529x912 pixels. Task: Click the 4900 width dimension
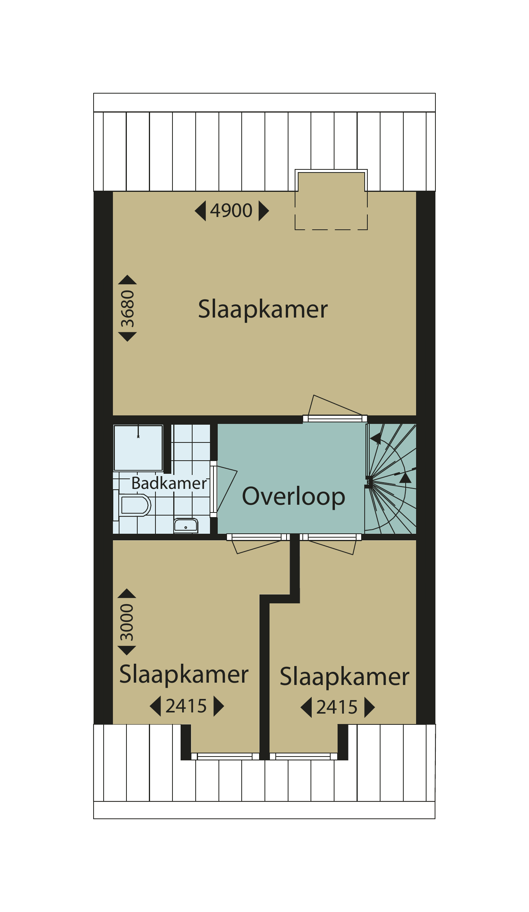pyautogui.click(x=231, y=211)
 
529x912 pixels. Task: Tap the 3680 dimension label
pyautogui.click(x=128, y=309)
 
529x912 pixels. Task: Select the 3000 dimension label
pyautogui.click(x=127, y=622)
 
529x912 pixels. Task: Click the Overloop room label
pyautogui.click(x=294, y=496)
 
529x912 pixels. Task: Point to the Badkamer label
pyautogui.click(x=169, y=483)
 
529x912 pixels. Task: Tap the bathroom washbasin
pyautogui.click(x=186, y=526)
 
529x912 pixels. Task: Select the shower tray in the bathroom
pyautogui.click(x=138, y=447)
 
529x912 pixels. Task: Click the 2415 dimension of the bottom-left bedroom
pyautogui.click(x=186, y=706)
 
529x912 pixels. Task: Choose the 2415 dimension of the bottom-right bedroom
pyautogui.click(x=337, y=707)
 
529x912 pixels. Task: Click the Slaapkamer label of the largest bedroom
pyautogui.click(x=263, y=309)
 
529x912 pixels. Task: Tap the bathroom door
pyautogui.click(x=224, y=489)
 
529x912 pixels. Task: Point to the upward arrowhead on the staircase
pyautogui.click(x=405, y=478)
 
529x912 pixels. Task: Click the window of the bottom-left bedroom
pyautogui.click(x=225, y=756)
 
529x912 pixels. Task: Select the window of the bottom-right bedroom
pyautogui.click(x=303, y=756)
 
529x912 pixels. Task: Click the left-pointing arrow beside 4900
pyautogui.click(x=200, y=211)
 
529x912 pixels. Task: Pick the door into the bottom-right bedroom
pyautogui.click(x=331, y=544)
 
